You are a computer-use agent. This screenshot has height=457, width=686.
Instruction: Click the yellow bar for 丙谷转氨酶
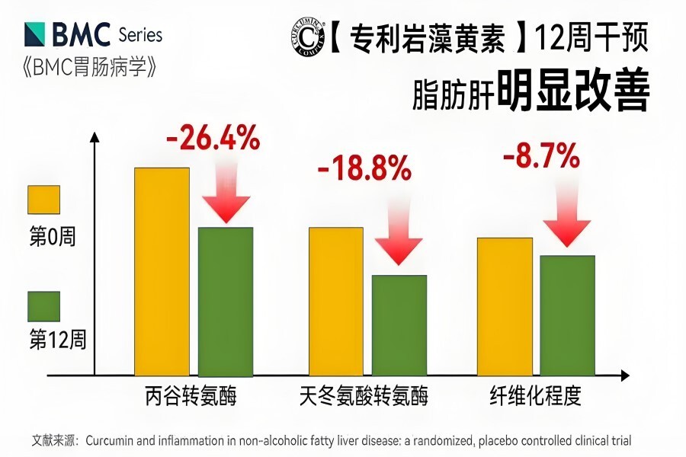(162, 271)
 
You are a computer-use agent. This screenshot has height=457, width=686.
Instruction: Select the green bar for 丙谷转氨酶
(225, 301)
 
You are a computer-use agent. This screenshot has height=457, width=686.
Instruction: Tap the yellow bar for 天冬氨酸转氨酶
(335, 301)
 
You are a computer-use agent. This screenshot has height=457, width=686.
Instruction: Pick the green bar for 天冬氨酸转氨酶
(399, 325)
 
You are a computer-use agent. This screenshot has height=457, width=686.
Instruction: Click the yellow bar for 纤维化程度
(505, 306)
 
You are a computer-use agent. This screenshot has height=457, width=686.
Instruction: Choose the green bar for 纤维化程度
(567, 315)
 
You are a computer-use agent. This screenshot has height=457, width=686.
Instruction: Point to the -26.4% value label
(213, 140)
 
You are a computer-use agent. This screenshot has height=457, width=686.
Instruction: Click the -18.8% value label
(364, 169)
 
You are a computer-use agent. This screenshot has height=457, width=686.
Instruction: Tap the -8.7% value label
(541, 158)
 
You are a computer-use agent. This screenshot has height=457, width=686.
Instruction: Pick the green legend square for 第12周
(44, 306)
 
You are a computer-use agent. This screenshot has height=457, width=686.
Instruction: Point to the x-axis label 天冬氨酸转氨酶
(364, 397)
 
